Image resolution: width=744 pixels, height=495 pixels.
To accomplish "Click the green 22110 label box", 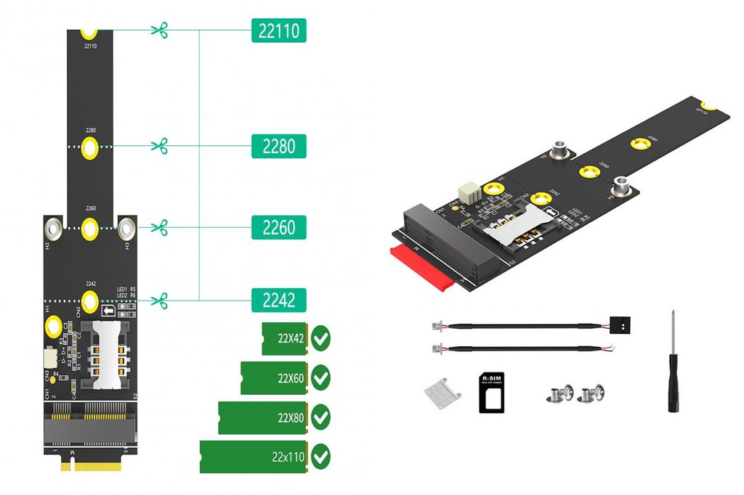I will pos(278,30).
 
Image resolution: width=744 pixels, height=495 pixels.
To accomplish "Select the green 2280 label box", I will pos(278,146).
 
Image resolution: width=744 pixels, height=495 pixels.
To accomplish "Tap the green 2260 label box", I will pos(278,227).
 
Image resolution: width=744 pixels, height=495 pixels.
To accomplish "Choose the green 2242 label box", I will pos(278,300).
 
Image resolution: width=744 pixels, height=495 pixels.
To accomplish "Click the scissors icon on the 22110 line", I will pos(159,30).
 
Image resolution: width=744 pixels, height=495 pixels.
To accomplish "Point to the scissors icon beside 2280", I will pos(159,146).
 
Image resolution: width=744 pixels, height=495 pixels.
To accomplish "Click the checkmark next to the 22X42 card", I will pos(320,338).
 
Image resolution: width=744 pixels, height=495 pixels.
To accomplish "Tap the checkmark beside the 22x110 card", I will pos(320,456).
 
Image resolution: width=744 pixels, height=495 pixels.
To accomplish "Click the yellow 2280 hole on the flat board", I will pos(89,147).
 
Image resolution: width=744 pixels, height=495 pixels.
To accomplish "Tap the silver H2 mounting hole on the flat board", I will pos(53,230).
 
